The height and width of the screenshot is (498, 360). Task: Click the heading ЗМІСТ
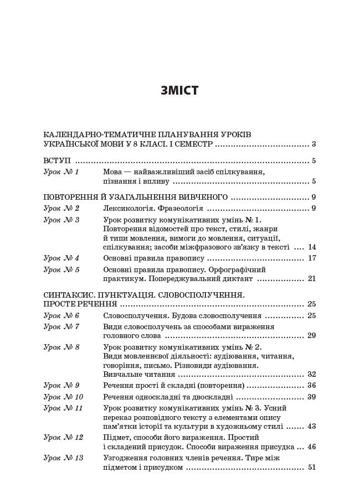click(179, 91)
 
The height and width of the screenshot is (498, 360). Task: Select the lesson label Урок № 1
click(61, 172)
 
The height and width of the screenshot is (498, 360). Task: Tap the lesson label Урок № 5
click(61, 269)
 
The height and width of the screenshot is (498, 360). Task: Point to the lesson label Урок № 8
click(61, 347)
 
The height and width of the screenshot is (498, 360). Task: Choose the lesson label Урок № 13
click(63, 458)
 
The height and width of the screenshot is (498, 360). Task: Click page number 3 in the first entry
click(313, 144)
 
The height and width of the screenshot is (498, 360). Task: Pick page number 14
click(312, 247)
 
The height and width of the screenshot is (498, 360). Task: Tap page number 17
click(312, 258)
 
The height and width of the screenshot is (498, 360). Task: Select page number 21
click(312, 279)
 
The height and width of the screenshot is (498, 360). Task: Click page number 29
click(312, 336)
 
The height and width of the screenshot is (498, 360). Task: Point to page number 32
click(312, 375)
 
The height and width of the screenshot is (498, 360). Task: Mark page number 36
click(312, 386)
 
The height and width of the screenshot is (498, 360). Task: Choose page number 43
click(312, 427)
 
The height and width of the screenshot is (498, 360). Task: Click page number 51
click(312, 468)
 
